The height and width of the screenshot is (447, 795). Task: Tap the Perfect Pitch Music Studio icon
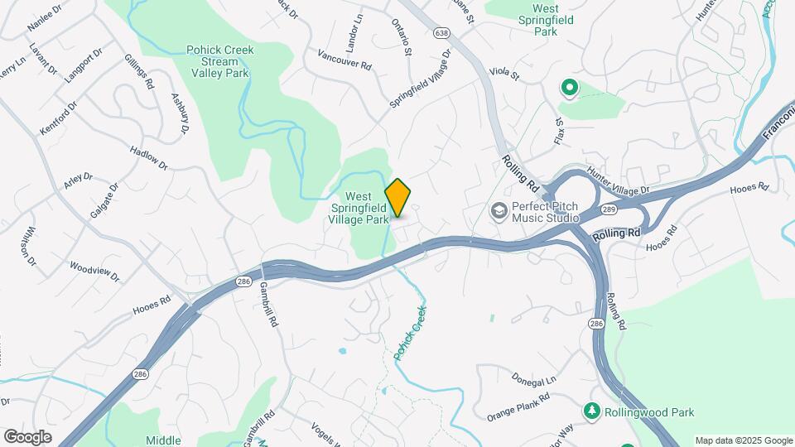(x=499, y=211)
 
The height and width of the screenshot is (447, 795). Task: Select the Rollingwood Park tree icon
(x=591, y=411)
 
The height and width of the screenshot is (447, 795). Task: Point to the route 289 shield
(x=609, y=210)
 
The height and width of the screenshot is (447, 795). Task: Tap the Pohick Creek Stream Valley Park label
(x=219, y=61)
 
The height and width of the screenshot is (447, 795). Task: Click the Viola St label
(x=503, y=75)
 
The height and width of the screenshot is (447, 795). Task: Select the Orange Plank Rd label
(x=518, y=406)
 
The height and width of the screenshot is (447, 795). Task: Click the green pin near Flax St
(x=569, y=86)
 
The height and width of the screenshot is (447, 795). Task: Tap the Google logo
(x=27, y=437)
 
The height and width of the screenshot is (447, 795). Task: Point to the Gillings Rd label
(x=140, y=71)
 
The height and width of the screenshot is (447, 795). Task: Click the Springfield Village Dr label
(x=422, y=79)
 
